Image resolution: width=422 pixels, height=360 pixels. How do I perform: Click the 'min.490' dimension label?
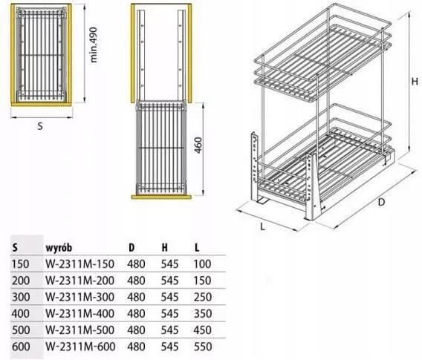94,45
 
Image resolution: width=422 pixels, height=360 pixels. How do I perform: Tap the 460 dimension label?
198,145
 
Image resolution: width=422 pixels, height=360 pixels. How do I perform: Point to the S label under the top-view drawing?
40,126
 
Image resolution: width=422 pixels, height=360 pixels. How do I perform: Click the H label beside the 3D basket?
415,82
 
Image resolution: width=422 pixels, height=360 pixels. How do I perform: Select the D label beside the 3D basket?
381,202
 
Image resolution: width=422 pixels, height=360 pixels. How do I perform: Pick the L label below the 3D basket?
263,226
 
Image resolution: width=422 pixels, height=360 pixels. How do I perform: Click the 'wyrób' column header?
59,248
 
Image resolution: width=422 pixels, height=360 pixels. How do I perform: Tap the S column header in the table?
15,248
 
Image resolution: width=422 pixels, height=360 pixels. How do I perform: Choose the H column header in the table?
164,248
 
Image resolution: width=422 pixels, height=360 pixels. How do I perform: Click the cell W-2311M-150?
80,264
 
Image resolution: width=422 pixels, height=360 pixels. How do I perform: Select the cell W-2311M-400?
80,313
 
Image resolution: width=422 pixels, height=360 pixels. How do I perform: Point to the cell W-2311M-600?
80,347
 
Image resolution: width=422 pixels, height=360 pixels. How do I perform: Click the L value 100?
202,264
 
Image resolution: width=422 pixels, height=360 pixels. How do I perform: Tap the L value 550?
202,347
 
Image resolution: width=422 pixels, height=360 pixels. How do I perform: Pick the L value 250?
202,297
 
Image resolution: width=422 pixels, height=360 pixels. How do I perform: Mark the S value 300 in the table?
21,297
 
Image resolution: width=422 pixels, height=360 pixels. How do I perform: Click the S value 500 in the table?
21,330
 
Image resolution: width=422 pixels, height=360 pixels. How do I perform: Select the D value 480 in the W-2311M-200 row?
137,281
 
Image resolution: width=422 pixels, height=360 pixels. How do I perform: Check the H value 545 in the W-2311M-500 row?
170,330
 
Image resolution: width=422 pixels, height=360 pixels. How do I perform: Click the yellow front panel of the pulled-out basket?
161,197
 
